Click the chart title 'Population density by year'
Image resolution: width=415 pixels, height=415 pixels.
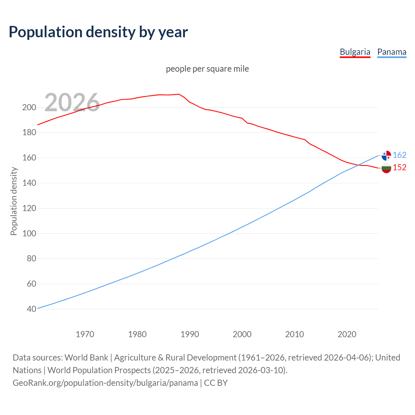(98, 32)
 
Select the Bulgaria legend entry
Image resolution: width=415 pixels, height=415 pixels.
(355, 52)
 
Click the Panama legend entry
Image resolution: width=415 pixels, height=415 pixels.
(392, 52)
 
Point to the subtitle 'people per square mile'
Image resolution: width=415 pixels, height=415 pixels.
(207, 69)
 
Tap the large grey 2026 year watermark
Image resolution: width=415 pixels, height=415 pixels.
(72, 102)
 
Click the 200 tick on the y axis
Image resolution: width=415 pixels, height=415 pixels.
(29, 107)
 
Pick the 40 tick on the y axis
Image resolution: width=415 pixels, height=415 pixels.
(31, 309)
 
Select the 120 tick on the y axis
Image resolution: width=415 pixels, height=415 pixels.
(29, 208)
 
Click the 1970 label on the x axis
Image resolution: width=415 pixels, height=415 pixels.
(85, 334)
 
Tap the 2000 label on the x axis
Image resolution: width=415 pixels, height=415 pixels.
(242, 334)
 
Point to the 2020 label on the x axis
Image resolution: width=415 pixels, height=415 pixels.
(347, 334)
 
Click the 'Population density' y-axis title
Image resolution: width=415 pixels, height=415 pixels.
(14, 201)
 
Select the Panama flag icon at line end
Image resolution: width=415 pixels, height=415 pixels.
(386, 156)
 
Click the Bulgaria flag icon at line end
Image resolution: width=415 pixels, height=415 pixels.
(386, 168)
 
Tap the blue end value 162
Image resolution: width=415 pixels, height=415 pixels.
(399, 155)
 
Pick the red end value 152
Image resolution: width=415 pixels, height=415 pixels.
(399, 167)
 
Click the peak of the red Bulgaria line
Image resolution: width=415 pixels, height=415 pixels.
(179, 94)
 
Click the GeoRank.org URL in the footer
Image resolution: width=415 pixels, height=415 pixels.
(105, 383)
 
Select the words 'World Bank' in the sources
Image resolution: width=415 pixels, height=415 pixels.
(86, 358)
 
